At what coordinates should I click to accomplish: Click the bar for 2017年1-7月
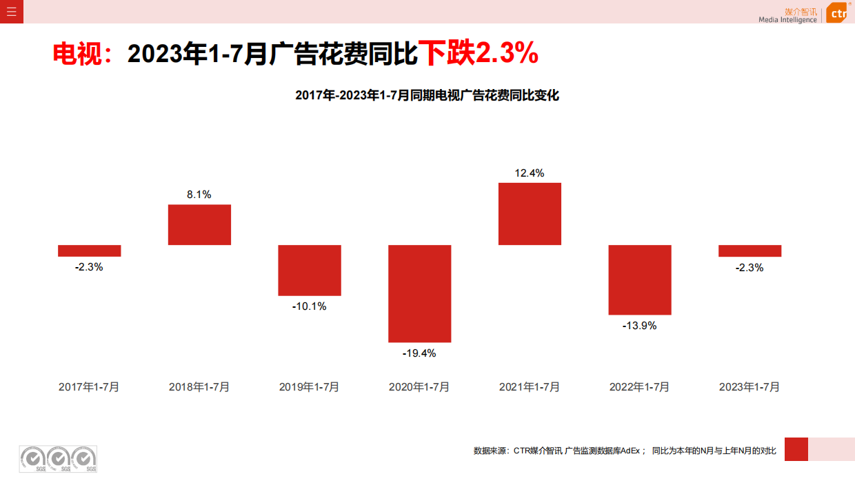pos(90,251)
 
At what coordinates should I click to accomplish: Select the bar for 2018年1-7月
pos(199,224)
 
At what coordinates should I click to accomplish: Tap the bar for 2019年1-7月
pos(310,270)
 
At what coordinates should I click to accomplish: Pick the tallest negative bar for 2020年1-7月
pos(419,293)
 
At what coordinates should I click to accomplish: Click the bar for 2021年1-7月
pos(530,214)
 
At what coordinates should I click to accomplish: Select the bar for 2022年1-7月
pos(640,279)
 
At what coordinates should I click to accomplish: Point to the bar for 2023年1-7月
pos(750,251)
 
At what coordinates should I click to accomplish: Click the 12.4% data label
pos(530,173)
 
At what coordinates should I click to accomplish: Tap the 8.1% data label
pos(199,195)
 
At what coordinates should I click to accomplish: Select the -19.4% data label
pos(419,353)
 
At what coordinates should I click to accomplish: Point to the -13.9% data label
pos(640,326)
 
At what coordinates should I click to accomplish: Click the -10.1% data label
pos(310,306)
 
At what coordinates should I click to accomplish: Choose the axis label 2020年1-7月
pos(419,387)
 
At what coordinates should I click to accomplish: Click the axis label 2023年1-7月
pos(750,387)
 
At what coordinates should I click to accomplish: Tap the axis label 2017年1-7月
pos(90,387)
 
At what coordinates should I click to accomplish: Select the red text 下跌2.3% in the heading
pos(479,53)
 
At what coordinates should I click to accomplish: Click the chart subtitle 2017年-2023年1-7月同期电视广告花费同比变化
pos(427,96)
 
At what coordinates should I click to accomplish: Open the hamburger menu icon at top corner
pos(12,11)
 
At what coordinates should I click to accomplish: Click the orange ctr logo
pos(836,12)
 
